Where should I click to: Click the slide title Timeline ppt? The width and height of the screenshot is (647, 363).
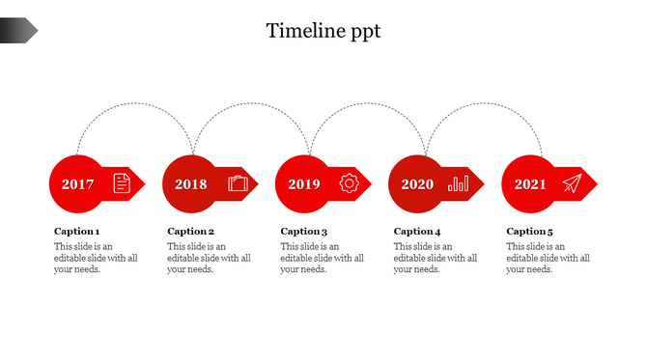pyautogui.click(x=323, y=31)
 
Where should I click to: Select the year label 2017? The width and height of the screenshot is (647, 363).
pyautogui.click(x=77, y=184)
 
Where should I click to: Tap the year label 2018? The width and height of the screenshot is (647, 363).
pyautogui.click(x=191, y=184)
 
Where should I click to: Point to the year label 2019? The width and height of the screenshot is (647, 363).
pyautogui.click(x=304, y=184)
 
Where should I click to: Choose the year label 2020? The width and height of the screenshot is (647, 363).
pyautogui.click(x=417, y=184)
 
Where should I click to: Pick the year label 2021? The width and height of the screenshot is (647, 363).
pyautogui.click(x=530, y=184)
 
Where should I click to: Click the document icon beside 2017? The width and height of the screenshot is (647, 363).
pyautogui.click(x=122, y=182)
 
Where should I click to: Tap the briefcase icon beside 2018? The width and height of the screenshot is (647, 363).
pyautogui.click(x=238, y=182)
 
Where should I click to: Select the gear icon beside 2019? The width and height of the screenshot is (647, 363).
pyautogui.click(x=350, y=182)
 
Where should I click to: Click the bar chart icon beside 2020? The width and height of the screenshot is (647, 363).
pyautogui.click(x=460, y=182)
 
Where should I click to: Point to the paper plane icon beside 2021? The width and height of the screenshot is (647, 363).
pyautogui.click(x=573, y=183)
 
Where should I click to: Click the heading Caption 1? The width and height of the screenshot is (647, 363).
pyautogui.click(x=77, y=232)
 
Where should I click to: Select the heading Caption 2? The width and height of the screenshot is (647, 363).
pyautogui.click(x=191, y=232)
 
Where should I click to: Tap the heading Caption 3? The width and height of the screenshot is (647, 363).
pyautogui.click(x=304, y=232)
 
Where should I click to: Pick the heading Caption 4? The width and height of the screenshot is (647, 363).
pyautogui.click(x=417, y=232)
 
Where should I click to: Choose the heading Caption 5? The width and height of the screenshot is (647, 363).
pyautogui.click(x=530, y=232)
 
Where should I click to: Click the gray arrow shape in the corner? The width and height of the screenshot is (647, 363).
pyautogui.click(x=18, y=31)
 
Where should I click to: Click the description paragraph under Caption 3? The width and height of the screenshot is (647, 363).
pyautogui.click(x=322, y=258)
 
